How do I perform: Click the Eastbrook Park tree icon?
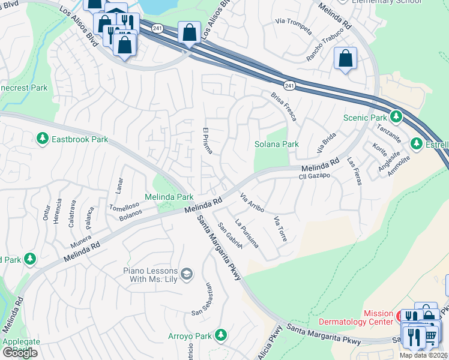43,139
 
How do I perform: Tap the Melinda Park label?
169,197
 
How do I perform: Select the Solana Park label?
276,144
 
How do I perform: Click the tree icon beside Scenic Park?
396,116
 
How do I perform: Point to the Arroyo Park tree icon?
221,334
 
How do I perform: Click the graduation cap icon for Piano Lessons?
187,274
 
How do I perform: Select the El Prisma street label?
206,140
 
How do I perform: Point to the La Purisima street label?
247,233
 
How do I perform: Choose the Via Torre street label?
280,229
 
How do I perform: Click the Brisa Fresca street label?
283,106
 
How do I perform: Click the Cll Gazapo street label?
315,176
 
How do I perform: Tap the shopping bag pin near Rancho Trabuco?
345,59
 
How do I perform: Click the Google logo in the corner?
20,352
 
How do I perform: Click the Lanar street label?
119,185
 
